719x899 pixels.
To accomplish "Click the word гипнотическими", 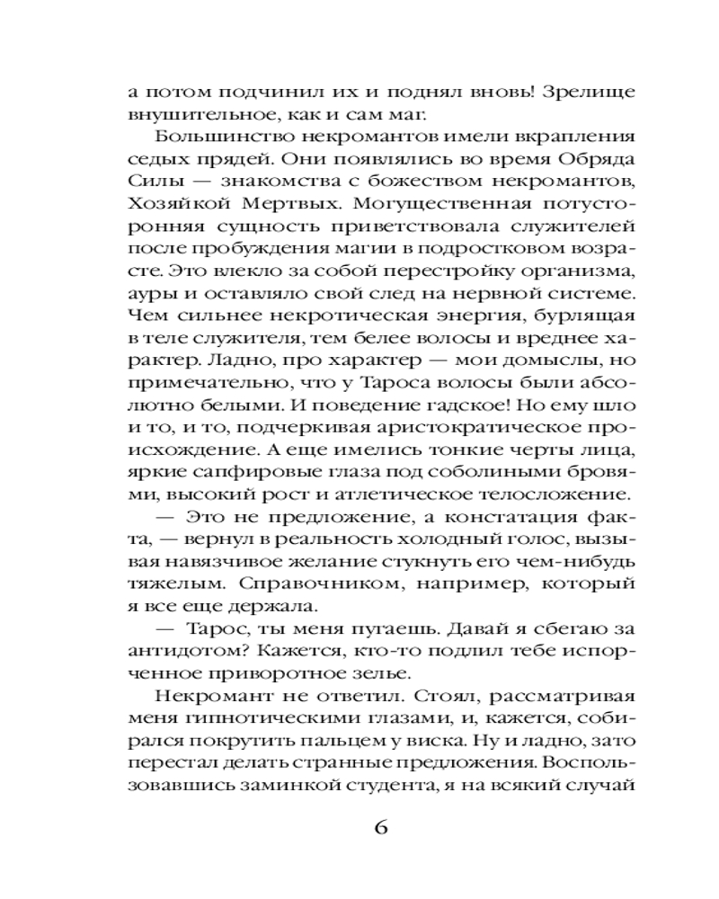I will (254, 721).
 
